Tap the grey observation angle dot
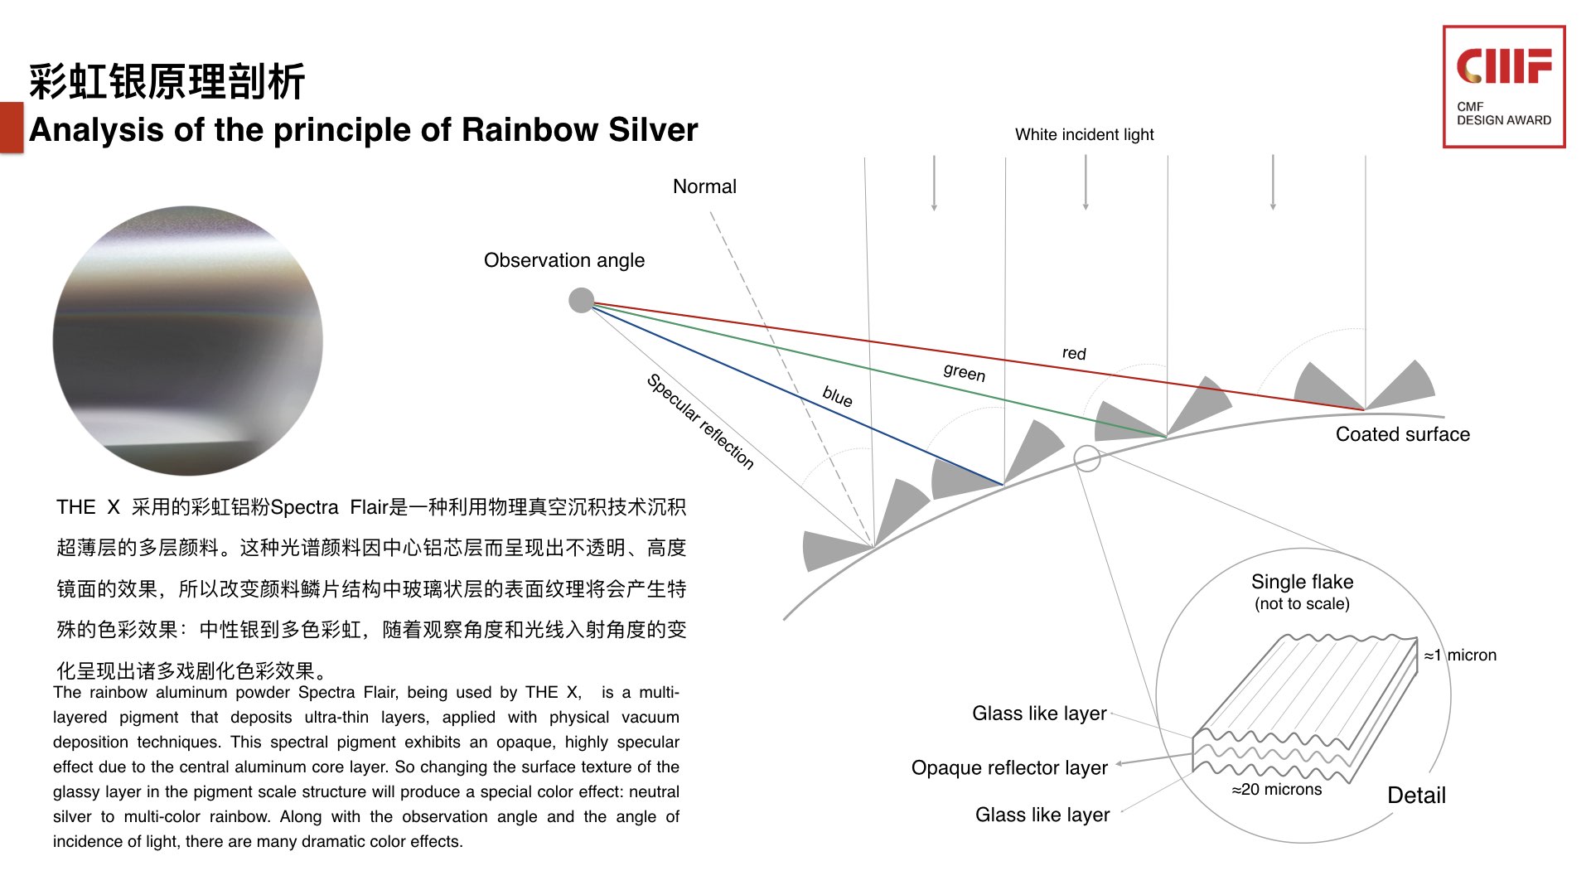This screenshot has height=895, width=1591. click(582, 300)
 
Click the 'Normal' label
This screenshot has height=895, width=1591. click(704, 186)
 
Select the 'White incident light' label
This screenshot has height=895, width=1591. click(1084, 134)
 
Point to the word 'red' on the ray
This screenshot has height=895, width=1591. click(1074, 353)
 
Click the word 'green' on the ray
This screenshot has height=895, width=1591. click(965, 373)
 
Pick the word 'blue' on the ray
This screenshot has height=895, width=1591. click(837, 397)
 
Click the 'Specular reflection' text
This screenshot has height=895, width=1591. click(700, 421)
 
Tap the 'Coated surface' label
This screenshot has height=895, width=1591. click(1402, 434)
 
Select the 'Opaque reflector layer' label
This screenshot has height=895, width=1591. click(1009, 768)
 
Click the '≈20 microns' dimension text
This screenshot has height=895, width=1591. click(1276, 790)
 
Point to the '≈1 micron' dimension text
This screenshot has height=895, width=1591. click(1460, 656)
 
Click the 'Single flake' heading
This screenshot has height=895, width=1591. click(1302, 582)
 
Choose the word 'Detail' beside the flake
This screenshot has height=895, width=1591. click(1416, 796)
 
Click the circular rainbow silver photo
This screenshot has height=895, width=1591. click(188, 341)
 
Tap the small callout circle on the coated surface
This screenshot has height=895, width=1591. click(1086, 457)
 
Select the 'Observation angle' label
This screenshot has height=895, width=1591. click(563, 260)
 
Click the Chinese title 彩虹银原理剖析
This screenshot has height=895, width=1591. click(167, 82)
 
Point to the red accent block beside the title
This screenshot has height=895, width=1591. click(12, 127)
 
